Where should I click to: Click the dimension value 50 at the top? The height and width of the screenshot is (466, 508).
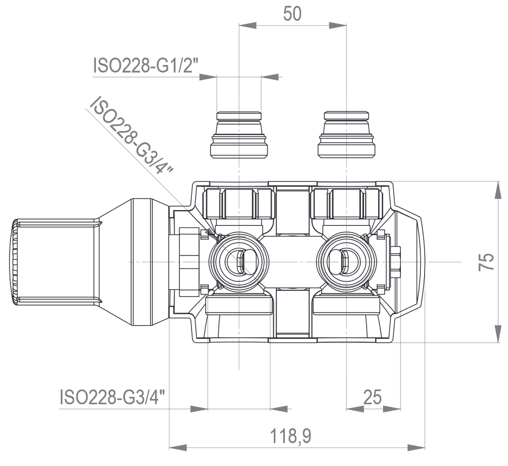pyautogui.click(x=292, y=13)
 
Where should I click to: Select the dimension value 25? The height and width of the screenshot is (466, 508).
pyautogui.click(x=372, y=397)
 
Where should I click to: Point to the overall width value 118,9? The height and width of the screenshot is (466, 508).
pyautogui.click(x=291, y=436)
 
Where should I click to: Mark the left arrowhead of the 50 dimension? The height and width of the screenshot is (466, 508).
pyautogui.click(x=248, y=25)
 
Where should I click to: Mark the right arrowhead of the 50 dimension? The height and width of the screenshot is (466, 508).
pyautogui.click(x=338, y=25)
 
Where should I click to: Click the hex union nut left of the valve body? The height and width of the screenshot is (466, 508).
pyautogui.click(x=187, y=262)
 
